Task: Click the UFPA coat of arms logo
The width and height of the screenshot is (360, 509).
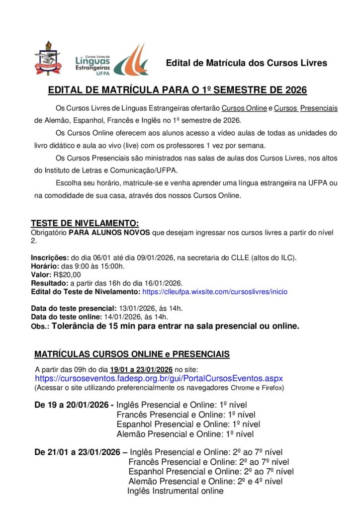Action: click(x=48, y=61)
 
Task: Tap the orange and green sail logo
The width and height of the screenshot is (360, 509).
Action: click(x=131, y=59)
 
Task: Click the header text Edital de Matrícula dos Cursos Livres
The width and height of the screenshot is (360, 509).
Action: click(x=246, y=63)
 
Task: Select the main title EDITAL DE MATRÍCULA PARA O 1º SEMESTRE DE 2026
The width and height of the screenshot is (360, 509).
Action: click(x=178, y=90)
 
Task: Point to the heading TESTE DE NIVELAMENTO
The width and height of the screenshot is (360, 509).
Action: click(x=85, y=223)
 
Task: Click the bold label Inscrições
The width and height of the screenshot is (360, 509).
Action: click(x=50, y=257)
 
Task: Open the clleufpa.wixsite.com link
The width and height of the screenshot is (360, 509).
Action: click(x=214, y=291)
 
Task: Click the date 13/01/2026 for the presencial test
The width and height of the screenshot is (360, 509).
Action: click(x=136, y=308)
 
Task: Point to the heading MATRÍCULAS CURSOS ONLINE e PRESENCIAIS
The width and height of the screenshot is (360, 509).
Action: click(x=132, y=354)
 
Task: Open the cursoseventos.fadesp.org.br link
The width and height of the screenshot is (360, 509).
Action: click(x=159, y=378)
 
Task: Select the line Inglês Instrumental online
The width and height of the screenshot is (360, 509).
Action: click(x=175, y=491)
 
